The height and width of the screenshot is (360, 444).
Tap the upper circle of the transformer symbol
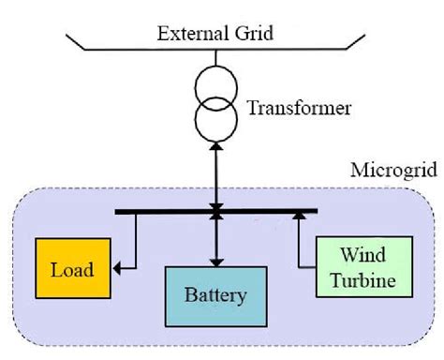pos(217,87)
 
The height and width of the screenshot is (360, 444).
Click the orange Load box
pos(72,269)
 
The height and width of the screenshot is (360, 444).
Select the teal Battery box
pos(216,297)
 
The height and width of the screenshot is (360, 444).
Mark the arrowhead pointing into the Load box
pos(117,270)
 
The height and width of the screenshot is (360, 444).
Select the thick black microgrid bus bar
pos(169,211)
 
